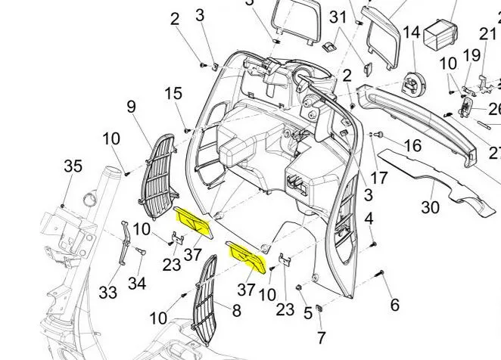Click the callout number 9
coord(132,107)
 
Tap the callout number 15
coord(173,94)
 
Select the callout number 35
coord(73,166)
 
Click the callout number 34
coord(137,284)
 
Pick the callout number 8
coord(236,310)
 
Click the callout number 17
coord(378,179)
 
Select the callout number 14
coord(411,33)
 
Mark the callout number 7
coord(321,337)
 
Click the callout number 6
coord(394,305)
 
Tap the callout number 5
coord(307,312)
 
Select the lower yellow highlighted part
coord(247,256)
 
